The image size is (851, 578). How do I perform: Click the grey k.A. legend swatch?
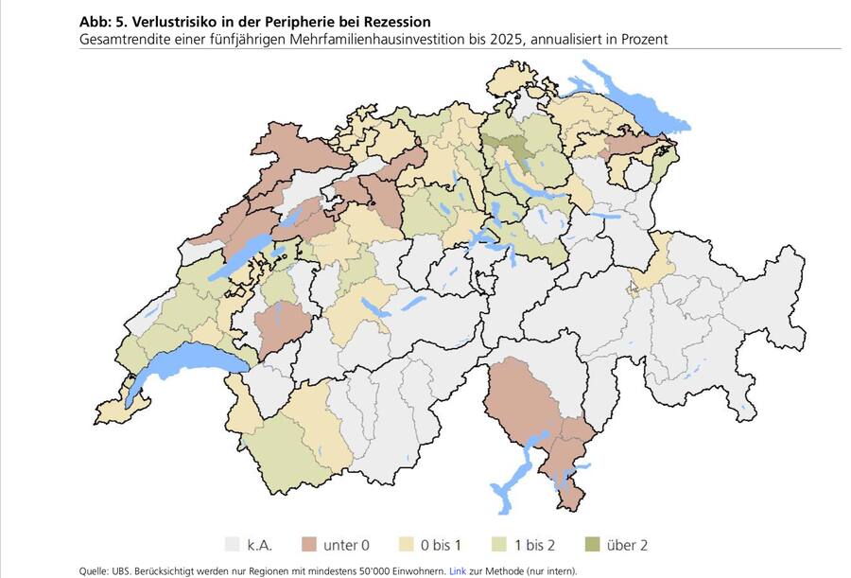[232, 545]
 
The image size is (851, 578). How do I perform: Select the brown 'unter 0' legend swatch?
[307, 545]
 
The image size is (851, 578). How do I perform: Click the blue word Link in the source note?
[458, 571]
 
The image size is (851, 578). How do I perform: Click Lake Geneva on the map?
[189, 360]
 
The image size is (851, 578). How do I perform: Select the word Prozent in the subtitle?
[644, 39]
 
